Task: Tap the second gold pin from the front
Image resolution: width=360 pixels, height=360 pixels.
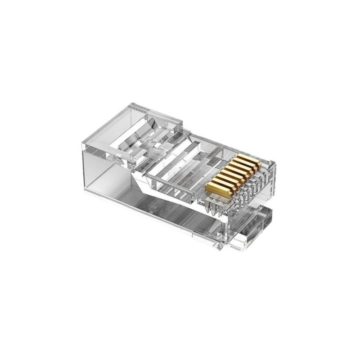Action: tap(221, 181)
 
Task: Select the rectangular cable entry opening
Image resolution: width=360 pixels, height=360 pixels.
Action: tap(108, 175)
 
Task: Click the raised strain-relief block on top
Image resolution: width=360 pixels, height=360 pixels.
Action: tap(144, 121)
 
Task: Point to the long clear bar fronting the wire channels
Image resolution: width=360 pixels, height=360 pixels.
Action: tap(171, 184)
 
